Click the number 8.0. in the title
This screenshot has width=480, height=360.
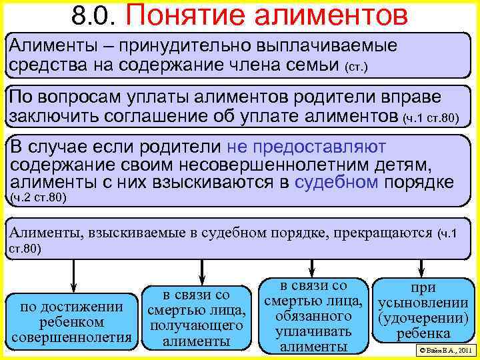click(97, 15)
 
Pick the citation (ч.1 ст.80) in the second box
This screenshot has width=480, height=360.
click(432, 119)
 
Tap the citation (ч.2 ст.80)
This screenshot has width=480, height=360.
click(39, 198)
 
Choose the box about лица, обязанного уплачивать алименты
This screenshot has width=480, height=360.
click(314, 315)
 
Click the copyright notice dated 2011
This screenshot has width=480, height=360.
click(443, 350)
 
